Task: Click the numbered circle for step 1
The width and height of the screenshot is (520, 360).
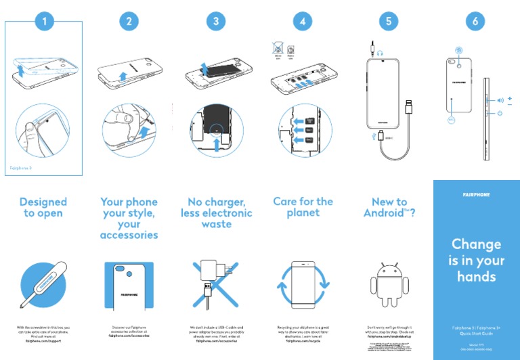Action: pos(44,22)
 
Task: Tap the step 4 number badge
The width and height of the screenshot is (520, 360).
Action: pos(302,22)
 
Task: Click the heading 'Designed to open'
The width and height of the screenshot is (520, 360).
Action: pos(43,207)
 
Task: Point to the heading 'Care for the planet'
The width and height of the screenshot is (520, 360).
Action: pos(303,207)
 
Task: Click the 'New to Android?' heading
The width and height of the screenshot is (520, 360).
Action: pos(389,207)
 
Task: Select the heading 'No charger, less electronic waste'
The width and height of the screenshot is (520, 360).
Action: pos(216,212)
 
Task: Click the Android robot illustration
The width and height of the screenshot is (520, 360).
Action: pos(389,284)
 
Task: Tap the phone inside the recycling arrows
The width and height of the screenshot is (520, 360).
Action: pos(303,283)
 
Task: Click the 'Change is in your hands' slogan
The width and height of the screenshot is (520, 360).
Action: pos(477,260)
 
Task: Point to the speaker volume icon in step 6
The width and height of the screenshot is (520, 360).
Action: pos(500,100)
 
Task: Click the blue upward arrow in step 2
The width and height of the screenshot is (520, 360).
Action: pos(123,76)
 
